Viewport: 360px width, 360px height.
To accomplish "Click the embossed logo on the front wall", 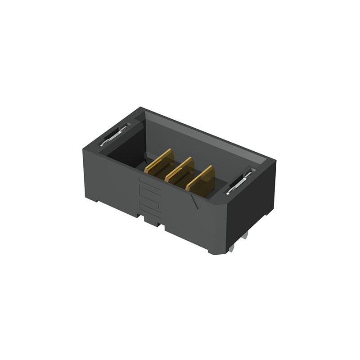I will coord(148,194).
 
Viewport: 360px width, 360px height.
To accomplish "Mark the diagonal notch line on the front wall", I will coord(195,201).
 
